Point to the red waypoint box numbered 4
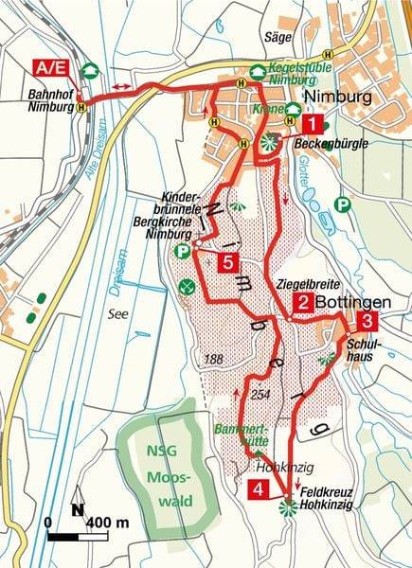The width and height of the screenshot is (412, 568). pos(257,488)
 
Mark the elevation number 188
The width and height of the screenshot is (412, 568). pos(215,359)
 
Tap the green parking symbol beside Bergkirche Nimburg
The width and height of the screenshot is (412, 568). pos(182,252)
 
